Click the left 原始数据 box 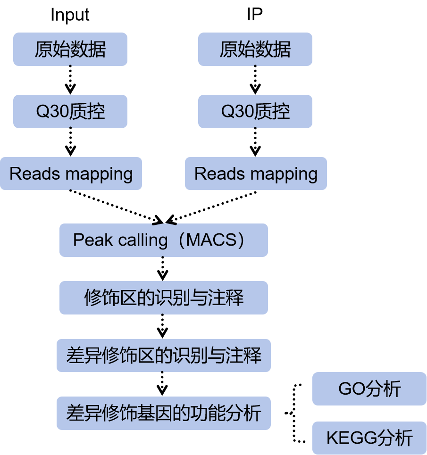click(x=70, y=49)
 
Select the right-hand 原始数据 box click(x=255, y=49)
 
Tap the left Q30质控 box click(x=70, y=111)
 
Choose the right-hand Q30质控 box click(x=255, y=111)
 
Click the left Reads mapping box click(x=71, y=174)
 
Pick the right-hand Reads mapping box click(x=256, y=174)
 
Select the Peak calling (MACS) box click(x=163, y=240)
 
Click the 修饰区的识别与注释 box click(x=163, y=298)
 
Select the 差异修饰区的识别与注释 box click(x=163, y=355)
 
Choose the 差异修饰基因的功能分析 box click(x=163, y=413)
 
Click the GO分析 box click(x=369, y=389)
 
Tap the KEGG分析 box click(x=369, y=438)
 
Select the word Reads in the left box click(x=29, y=174)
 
